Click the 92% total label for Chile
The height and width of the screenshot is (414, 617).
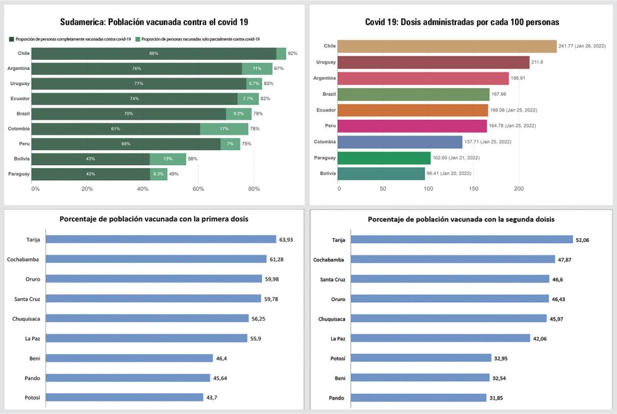point(292,54)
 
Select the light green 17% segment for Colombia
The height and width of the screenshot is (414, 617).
point(224,129)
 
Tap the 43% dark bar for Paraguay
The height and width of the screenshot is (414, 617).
point(91,174)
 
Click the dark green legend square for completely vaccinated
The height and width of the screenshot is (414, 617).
point(11,39)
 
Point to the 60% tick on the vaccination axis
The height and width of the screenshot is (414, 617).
point(198,188)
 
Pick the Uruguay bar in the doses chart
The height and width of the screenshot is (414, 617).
point(434,62)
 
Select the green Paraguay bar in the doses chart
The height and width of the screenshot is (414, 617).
point(385,158)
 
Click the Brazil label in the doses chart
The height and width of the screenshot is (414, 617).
point(329,94)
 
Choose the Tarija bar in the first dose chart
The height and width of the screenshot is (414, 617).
point(161,239)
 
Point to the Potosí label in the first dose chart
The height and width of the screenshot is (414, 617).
point(33,398)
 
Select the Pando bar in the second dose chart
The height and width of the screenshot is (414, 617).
point(419,398)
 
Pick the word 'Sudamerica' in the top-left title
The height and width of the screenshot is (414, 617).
point(85,21)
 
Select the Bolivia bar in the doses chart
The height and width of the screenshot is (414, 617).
point(382,173)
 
